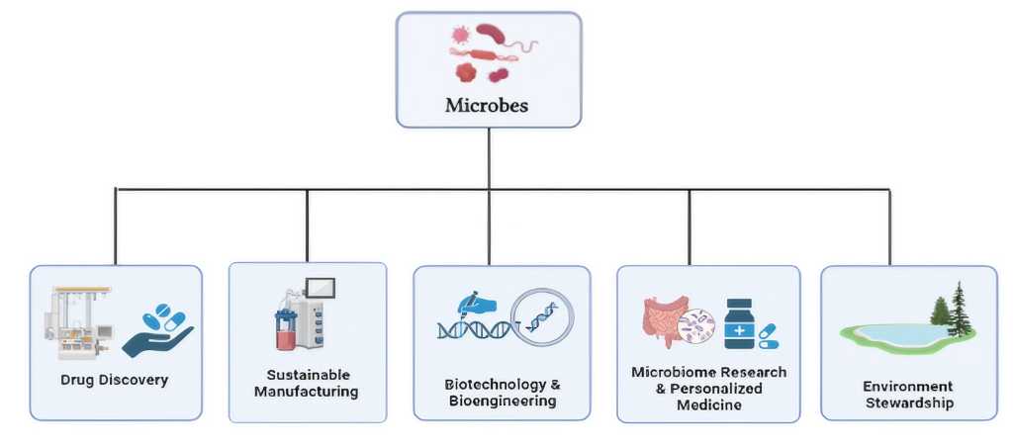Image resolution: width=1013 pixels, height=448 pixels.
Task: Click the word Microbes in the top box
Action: (x=487, y=105)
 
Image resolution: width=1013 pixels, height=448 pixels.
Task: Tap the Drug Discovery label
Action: (x=115, y=380)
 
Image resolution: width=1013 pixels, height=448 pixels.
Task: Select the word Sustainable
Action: (x=309, y=375)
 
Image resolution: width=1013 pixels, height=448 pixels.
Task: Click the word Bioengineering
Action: (x=500, y=401)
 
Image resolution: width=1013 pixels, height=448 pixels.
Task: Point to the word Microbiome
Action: (x=672, y=373)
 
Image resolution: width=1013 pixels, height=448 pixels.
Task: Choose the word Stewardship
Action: (x=909, y=403)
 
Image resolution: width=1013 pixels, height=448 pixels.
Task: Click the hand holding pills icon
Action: (x=158, y=330)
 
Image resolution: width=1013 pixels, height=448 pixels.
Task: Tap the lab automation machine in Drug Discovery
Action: (x=78, y=323)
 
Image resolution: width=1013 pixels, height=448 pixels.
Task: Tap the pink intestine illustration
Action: (x=664, y=322)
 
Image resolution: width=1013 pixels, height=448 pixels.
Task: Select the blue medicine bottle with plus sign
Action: (x=739, y=324)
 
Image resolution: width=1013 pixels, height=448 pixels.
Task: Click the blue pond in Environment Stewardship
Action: (x=901, y=335)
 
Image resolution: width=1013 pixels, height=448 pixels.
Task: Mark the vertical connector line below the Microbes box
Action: (x=489, y=159)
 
